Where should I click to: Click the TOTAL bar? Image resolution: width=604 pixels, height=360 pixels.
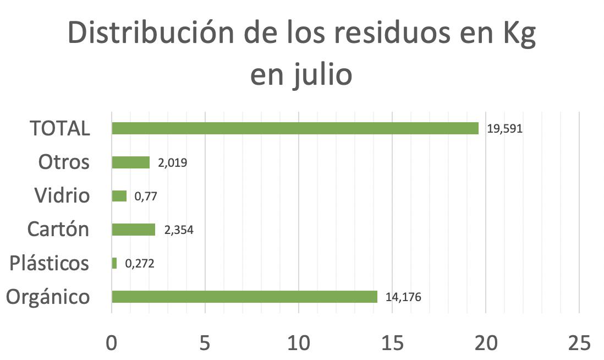coord(295,128)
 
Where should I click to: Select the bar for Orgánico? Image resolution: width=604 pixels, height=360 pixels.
coord(244,297)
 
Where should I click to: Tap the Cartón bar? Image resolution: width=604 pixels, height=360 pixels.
coord(134,230)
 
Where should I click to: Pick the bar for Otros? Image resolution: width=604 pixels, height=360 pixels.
coord(130,162)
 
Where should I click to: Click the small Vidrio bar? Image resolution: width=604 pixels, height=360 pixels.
coord(119,196)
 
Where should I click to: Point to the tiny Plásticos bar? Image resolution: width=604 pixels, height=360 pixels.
coord(114,264)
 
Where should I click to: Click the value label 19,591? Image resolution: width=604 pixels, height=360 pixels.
coord(504,129)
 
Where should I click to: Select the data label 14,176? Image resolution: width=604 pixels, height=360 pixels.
coord(404,297)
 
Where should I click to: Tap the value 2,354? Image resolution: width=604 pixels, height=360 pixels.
coord(179,230)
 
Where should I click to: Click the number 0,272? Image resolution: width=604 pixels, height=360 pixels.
coord(140,264)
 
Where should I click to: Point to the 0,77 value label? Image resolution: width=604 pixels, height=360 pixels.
coord(146,197)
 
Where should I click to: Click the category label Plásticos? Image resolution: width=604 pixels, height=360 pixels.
coord(50,263)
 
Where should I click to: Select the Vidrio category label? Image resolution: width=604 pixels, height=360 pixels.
coord(62,196)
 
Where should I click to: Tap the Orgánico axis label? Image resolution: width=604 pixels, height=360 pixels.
coord(48,297)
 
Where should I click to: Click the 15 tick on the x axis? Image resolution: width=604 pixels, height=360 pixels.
coord(392,343)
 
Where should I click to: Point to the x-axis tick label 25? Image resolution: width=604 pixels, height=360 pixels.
coord(579,343)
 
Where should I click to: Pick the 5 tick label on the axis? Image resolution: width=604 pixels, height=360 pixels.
coord(205,343)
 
